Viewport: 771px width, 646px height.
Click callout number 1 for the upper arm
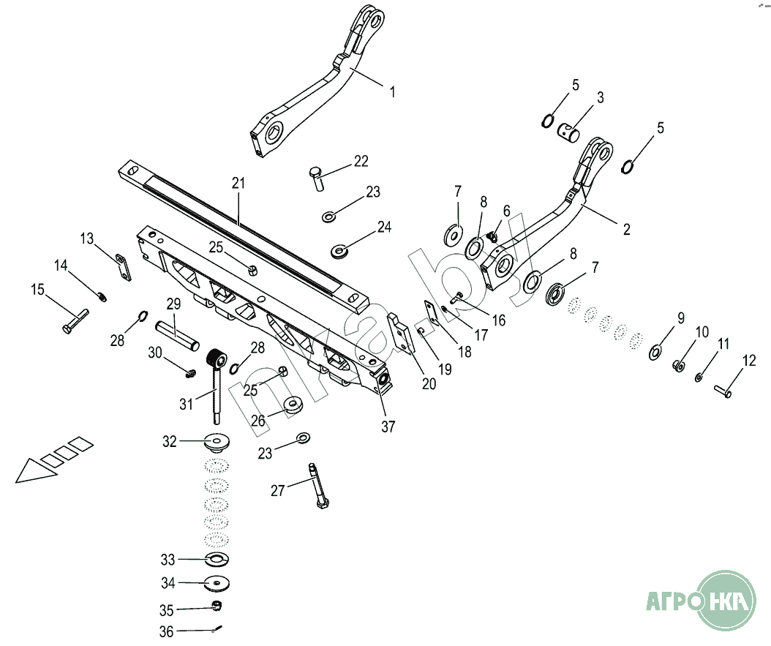pos(392,92)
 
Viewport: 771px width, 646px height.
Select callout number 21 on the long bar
pos(237,183)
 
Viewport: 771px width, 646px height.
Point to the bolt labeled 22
pos(317,178)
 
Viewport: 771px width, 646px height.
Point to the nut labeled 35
pos(217,606)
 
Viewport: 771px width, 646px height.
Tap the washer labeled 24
pos(339,251)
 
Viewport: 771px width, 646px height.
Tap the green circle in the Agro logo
pos(724,601)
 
